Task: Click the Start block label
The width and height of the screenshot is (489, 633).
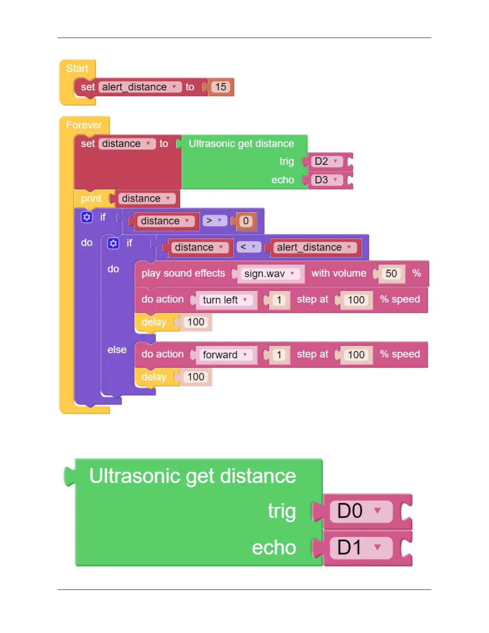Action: (x=77, y=68)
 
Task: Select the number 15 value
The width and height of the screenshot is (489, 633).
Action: (x=221, y=87)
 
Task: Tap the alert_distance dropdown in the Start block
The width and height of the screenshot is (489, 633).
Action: (x=139, y=87)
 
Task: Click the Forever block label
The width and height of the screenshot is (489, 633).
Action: (x=84, y=125)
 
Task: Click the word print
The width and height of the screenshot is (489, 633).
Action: (x=91, y=199)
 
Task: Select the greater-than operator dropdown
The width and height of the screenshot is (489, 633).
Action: (x=214, y=221)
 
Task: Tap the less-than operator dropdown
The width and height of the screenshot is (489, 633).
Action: (x=248, y=247)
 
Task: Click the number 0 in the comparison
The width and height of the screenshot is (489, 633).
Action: (x=246, y=221)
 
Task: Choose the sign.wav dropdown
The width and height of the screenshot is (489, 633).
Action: (x=270, y=274)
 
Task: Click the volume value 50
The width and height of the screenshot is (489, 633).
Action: (x=391, y=274)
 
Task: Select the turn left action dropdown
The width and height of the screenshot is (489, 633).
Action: (x=225, y=300)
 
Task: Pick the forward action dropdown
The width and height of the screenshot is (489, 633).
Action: (x=225, y=355)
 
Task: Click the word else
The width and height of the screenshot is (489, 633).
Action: (x=117, y=350)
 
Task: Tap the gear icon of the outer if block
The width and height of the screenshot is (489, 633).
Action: (x=87, y=217)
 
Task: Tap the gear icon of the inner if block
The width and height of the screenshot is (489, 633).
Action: (x=113, y=243)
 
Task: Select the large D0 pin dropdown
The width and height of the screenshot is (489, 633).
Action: (x=360, y=511)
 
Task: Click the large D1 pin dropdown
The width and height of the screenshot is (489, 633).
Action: (x=360, y=548)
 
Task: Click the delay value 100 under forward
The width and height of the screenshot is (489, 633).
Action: (x=195, y=377)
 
